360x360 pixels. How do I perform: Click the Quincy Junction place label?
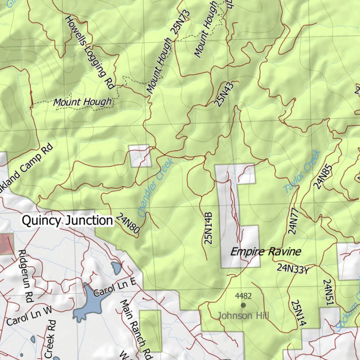[x=67, y=221]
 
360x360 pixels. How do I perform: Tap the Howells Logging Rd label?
[x=91, y=52]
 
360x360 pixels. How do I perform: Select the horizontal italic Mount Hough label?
[x=82, y=102]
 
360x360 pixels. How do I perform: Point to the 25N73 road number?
[x=180, y=22]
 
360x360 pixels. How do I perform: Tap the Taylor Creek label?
[x=302, y=171]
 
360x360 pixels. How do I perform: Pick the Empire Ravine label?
[x=265, y=252]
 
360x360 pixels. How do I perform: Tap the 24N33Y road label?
[x=293, y=269]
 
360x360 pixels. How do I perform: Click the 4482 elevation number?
[x=243, y=296]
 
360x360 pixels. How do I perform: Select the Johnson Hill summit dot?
[x=243, y=305]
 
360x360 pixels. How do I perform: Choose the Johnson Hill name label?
[x=243, y=316]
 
